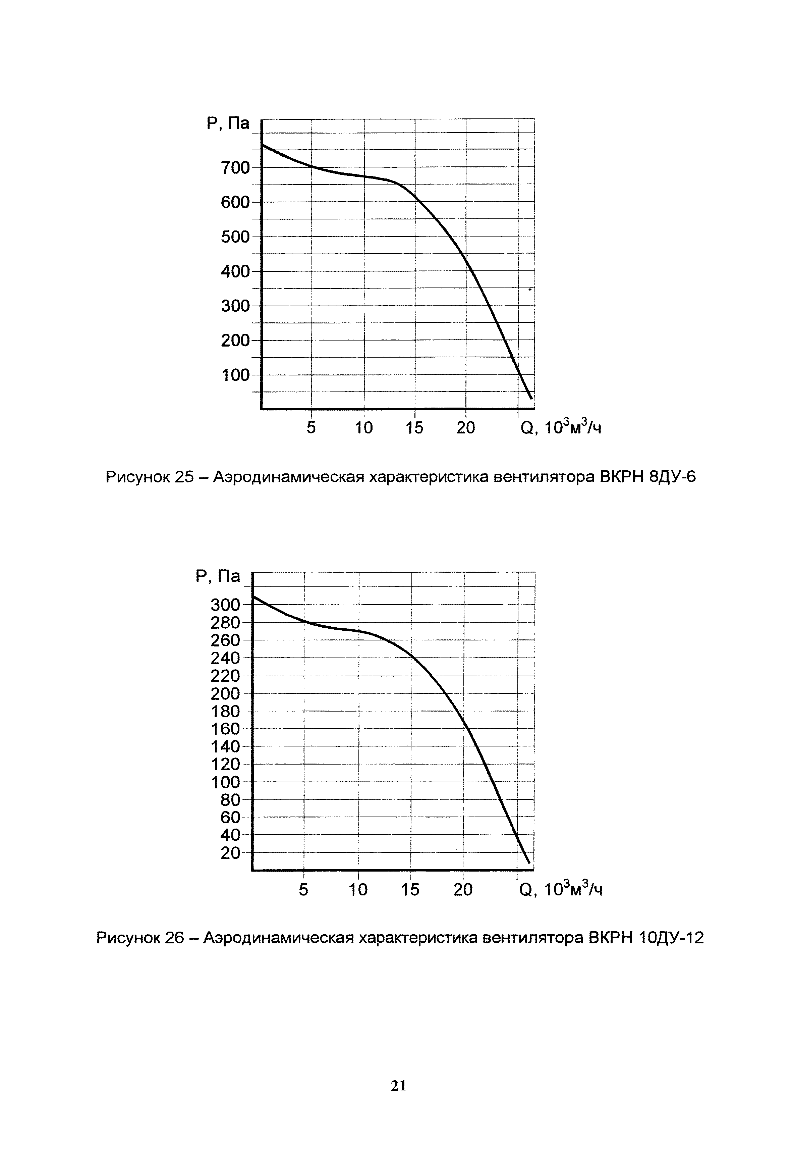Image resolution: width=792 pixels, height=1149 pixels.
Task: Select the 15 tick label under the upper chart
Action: [415, 427]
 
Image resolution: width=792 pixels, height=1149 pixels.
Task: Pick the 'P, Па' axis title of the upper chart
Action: [228, 123]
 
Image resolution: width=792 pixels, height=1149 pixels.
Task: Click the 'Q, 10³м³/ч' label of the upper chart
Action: [561, 427]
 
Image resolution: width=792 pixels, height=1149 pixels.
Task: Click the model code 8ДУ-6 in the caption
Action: [672, 477]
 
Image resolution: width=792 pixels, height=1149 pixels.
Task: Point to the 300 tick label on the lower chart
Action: [225, 605]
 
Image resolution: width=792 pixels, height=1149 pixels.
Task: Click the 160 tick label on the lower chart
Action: [225, 729]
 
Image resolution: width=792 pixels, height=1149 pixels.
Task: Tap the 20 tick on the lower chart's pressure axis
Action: [230, 853]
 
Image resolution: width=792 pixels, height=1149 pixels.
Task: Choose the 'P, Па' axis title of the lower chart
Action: [218, 576]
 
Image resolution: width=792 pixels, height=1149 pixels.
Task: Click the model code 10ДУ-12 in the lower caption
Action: [671, 938]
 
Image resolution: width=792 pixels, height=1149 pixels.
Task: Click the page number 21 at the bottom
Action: [398, 1087]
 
